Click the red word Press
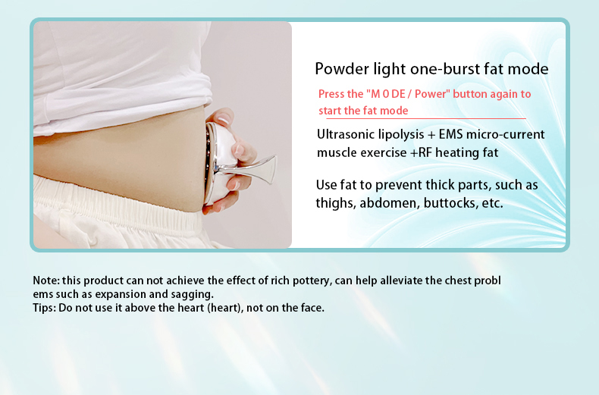click(330, 94)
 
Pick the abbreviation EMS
click(451, 134)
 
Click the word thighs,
click(336, 203)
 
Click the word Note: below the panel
click(45, 281)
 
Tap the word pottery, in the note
click(312, 281)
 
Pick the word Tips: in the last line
click(44, 308)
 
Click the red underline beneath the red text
click(425, 118)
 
